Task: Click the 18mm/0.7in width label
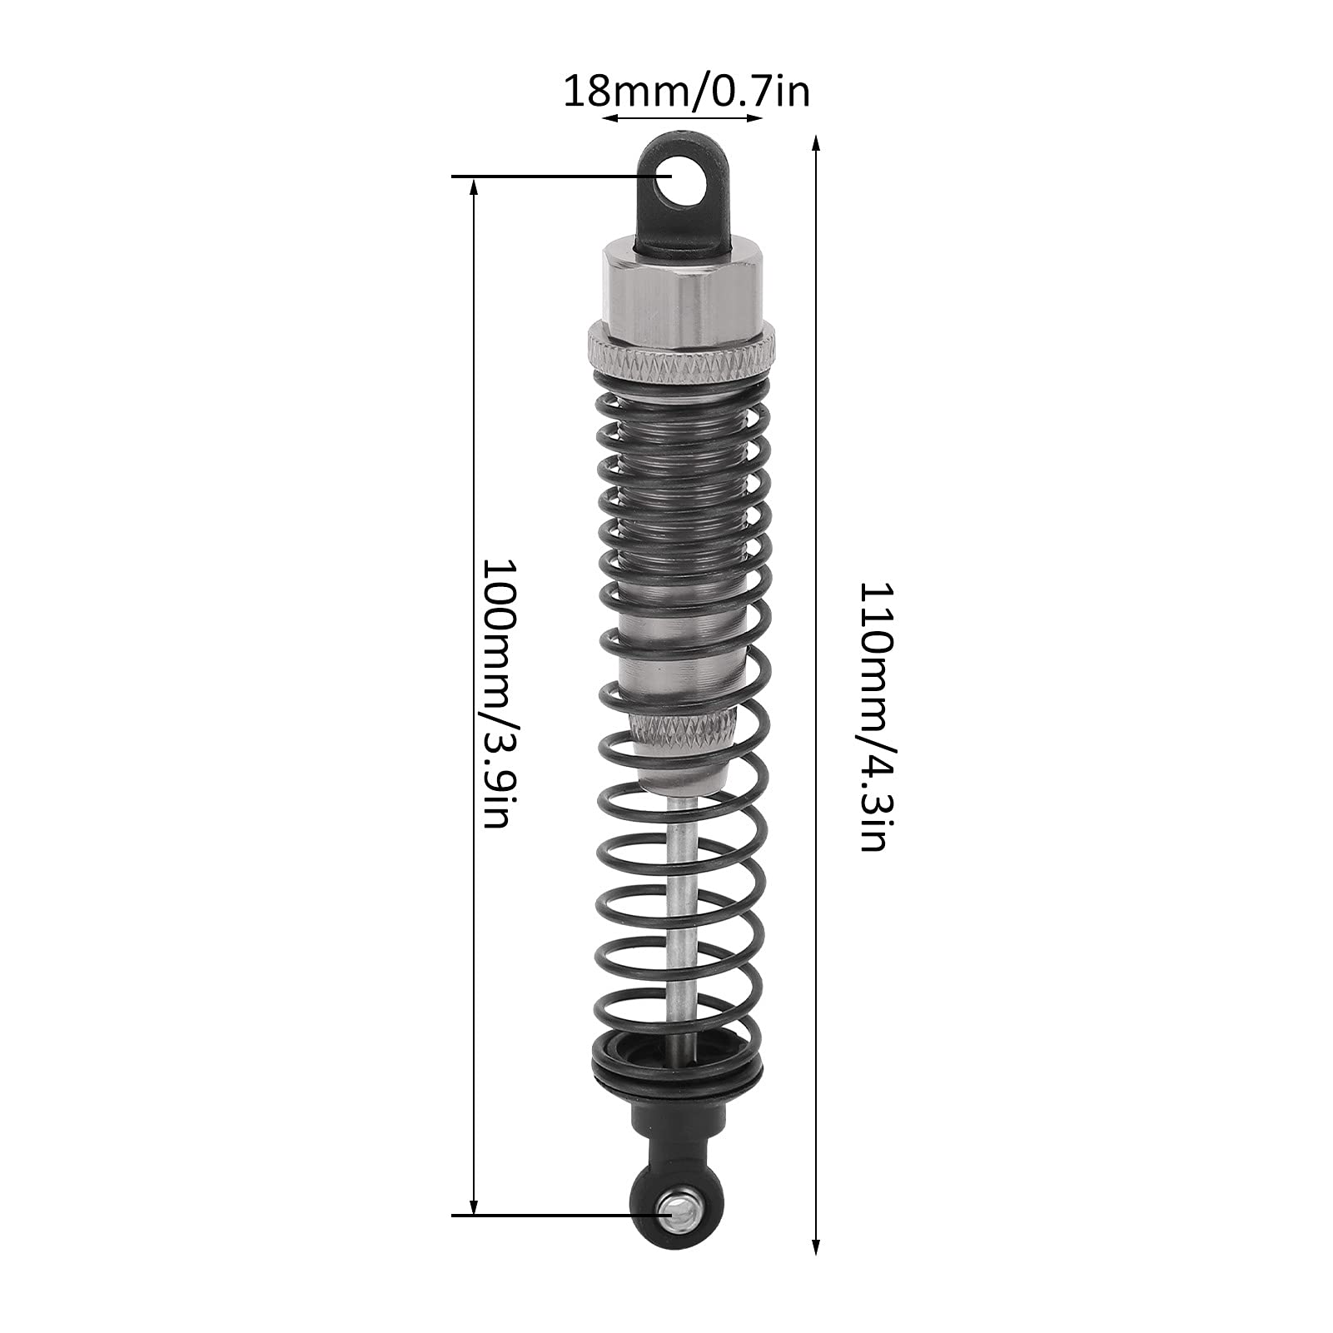686,91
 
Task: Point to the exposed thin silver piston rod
682,916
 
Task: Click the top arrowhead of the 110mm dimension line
817,144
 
